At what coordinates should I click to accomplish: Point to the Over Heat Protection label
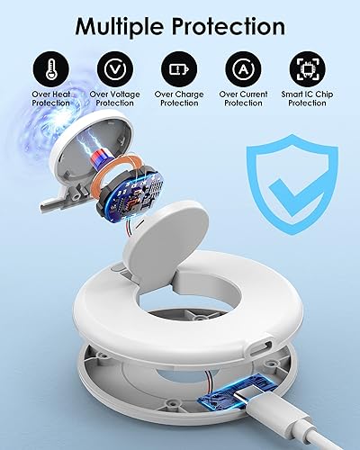51,97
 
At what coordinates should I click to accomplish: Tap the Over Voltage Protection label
114,97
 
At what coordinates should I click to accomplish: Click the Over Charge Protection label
179,97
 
